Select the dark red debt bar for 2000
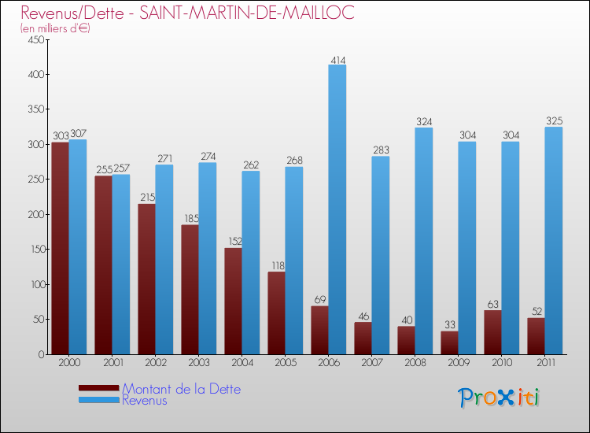(x=60, y=248)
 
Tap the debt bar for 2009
(x=449, y=342)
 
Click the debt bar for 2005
(x=276, y=313)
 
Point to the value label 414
(x=338, y=60)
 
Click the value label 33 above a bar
(x=450, y=324)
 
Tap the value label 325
(x=554, y=121)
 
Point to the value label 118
(x=276, y=265)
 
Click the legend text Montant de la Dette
(x=181, y=389)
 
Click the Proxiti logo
(x=500, y=398)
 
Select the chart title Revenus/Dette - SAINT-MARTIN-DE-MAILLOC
(x=176, y=13)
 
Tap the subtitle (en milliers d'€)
(x=55, y=28)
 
